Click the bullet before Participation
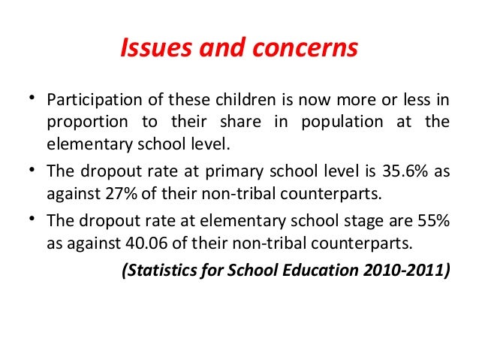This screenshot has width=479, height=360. click(32, 99)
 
